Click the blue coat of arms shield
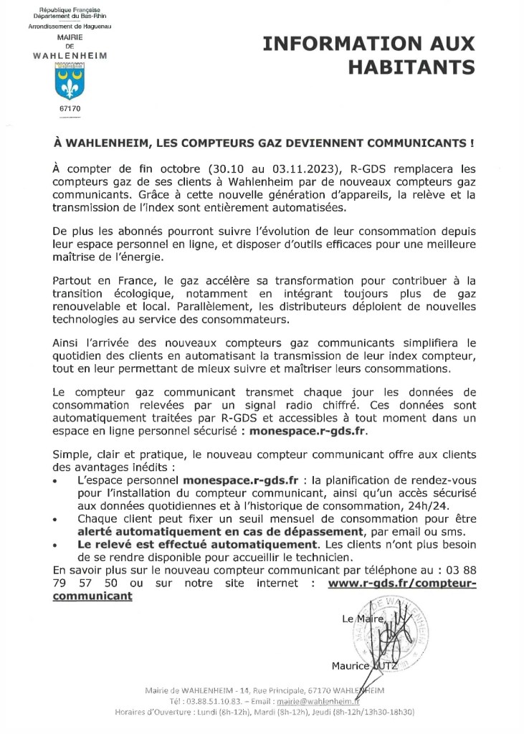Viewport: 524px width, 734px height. point(70,80)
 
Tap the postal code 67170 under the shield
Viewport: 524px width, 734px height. point(70,108)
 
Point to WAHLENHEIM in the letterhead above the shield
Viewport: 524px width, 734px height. point(70,54)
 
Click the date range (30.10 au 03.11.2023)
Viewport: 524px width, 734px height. point(277,169)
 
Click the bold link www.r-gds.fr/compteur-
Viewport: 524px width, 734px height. point(401,583)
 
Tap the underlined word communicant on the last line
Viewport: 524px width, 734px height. point(92,596)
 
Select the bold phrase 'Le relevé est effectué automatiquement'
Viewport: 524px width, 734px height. point(187,545)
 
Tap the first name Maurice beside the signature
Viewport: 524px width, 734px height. point(351,667)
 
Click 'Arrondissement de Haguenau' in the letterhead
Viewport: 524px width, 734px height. point(70,26)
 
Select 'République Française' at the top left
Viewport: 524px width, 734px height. point(70,9)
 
